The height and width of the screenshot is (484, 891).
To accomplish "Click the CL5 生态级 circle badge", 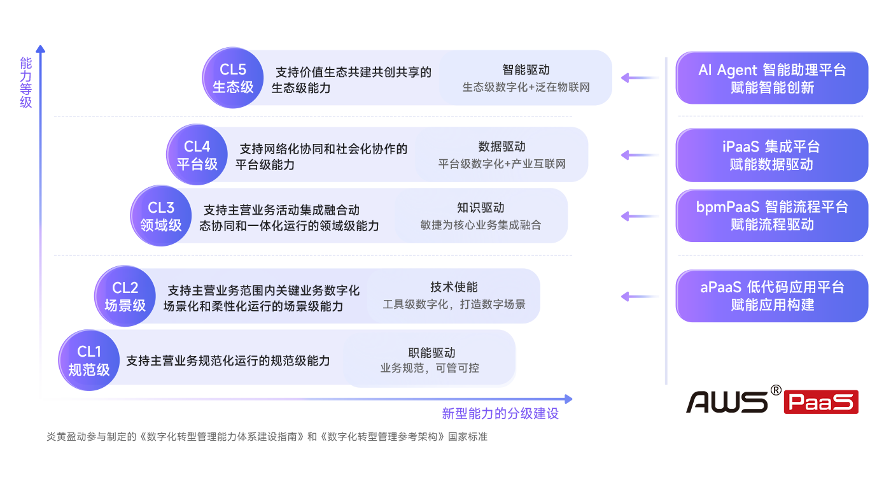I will pos(233,78).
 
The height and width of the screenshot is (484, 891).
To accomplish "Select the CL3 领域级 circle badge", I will pos(161,216).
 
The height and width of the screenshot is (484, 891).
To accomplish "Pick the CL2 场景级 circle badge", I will pos(125,296).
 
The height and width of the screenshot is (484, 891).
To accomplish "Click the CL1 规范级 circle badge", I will pos(89,360).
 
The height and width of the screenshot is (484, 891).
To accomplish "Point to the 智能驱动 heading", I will pos(526,70).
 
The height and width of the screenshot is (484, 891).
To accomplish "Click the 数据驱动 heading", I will pos(502,147).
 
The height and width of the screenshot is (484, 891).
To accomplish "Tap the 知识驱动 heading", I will pos(481,208).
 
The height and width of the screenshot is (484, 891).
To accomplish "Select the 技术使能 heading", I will pos(454,288).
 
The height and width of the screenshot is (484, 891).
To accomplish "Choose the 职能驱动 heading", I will pos(431,352).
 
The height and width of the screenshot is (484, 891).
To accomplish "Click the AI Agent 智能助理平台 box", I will pos(772,78).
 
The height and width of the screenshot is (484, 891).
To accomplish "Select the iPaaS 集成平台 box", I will pos(772,155).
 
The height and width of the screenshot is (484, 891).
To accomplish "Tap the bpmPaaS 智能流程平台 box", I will pos(772,216).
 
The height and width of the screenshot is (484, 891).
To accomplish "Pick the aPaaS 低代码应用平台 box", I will pos(772,296).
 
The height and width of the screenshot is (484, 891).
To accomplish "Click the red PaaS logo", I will pos(820,400).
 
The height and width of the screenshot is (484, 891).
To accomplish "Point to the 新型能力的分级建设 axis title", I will pos(500,414).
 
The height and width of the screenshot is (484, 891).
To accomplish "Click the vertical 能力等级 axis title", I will pos(25,82).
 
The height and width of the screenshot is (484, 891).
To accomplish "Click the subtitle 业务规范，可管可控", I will pos(430,368).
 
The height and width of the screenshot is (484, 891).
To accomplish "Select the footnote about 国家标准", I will pos(267,438).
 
